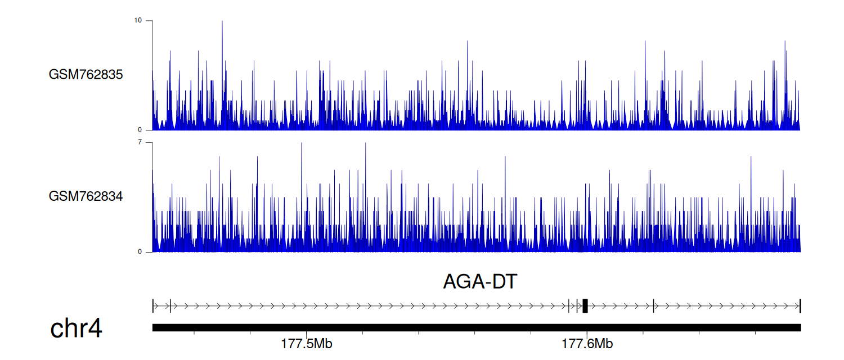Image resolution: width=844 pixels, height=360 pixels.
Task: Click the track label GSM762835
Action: pos(86,75)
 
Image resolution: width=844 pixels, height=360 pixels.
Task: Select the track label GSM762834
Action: pos(86,196)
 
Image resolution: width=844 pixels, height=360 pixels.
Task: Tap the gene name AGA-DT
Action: pos(480,281)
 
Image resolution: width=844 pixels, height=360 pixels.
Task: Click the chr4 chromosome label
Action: pos(76,328)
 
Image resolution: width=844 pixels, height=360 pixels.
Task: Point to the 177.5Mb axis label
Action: pos(307,344)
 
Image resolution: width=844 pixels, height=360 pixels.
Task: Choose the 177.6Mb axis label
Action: pos(587,344)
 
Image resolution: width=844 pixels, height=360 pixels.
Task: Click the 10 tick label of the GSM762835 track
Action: pos(138,20)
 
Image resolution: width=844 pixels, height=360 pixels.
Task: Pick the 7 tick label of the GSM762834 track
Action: pos(140,142)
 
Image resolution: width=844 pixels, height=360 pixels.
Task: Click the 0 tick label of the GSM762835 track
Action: pos(140,130)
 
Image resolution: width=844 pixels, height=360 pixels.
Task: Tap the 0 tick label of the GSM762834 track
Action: pos(140,251)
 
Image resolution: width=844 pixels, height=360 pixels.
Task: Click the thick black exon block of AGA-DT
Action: pos(585,306)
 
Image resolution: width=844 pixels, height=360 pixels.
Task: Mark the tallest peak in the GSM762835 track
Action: pos(222,21)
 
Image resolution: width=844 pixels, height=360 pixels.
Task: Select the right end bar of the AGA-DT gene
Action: pos(800,306)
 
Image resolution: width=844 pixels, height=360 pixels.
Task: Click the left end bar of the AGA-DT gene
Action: pos(153,306)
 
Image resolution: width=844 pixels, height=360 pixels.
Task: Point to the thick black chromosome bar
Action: pos(477,327)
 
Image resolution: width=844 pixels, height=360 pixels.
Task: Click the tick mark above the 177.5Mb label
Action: pos(306,334)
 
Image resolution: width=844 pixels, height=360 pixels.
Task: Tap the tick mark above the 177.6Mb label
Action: pos(587,334)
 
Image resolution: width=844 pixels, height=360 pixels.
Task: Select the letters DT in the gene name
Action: pos(505,281)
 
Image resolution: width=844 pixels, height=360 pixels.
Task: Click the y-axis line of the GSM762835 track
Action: pos(152,75)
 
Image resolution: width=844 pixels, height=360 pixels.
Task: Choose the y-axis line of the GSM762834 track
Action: pos(152,197)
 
